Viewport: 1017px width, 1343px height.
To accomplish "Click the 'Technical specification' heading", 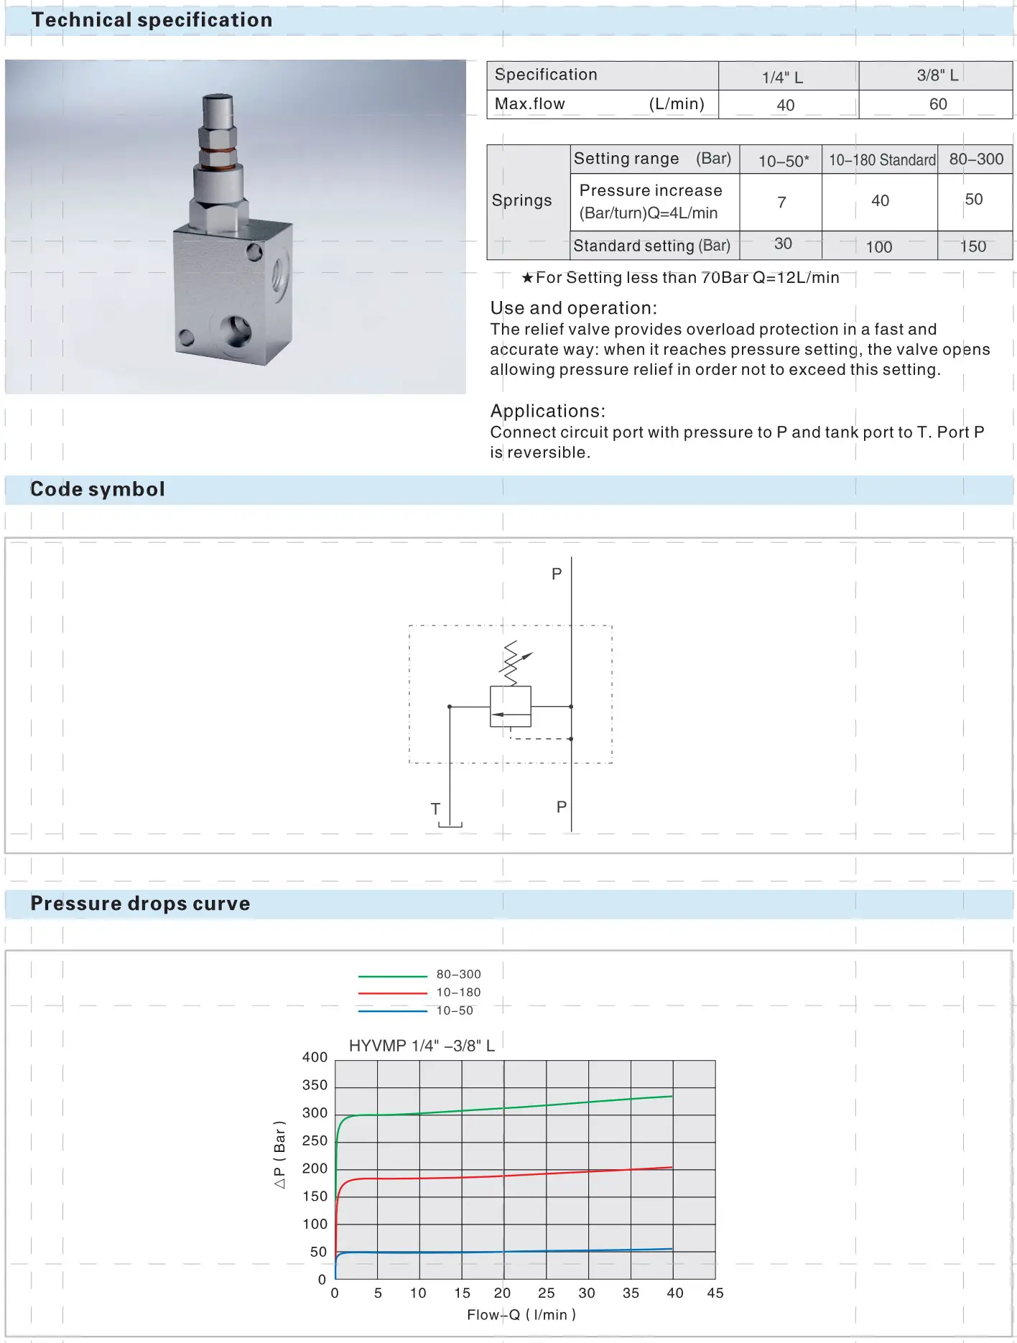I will coord(152,20).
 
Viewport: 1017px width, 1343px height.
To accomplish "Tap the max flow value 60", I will coord(937,104).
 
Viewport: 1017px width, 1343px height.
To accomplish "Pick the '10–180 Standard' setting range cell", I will coord(881,159).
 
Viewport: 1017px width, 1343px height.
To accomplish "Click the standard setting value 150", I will coord(972,246).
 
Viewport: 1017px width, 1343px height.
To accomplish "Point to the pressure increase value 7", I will coord(781,203).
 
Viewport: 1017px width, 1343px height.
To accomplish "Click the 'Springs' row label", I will coord(521,200).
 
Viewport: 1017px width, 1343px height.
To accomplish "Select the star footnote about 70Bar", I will coord(680,278).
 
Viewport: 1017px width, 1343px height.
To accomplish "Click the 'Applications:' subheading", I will coord(547,411).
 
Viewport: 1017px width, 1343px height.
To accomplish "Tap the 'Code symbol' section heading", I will coord(98,489).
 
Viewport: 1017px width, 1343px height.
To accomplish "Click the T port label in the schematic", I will coord(435,809).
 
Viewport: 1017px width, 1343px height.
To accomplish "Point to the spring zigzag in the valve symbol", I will coord(511,662).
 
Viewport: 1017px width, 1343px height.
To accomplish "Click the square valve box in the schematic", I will coord(511,707).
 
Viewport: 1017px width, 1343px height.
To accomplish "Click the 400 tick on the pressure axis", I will coord(315,1057).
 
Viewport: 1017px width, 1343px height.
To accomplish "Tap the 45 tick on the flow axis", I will coord(715,1293).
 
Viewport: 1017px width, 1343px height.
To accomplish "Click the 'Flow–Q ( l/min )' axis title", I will coord(521,1314).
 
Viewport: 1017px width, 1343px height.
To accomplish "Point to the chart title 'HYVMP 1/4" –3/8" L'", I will coord(422,1046).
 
